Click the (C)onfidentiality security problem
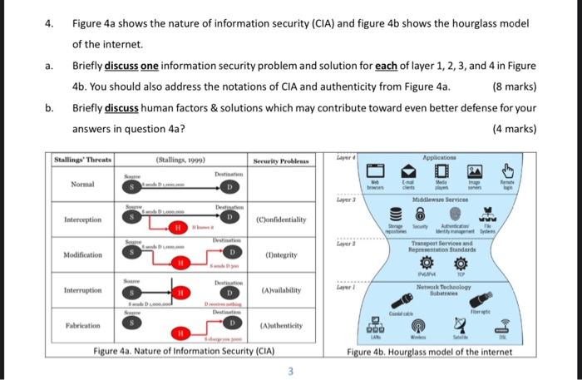click(284, 219)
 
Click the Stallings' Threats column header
click(83, 160)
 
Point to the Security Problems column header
click(284, 160)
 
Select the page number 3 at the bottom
click(290, 371)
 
